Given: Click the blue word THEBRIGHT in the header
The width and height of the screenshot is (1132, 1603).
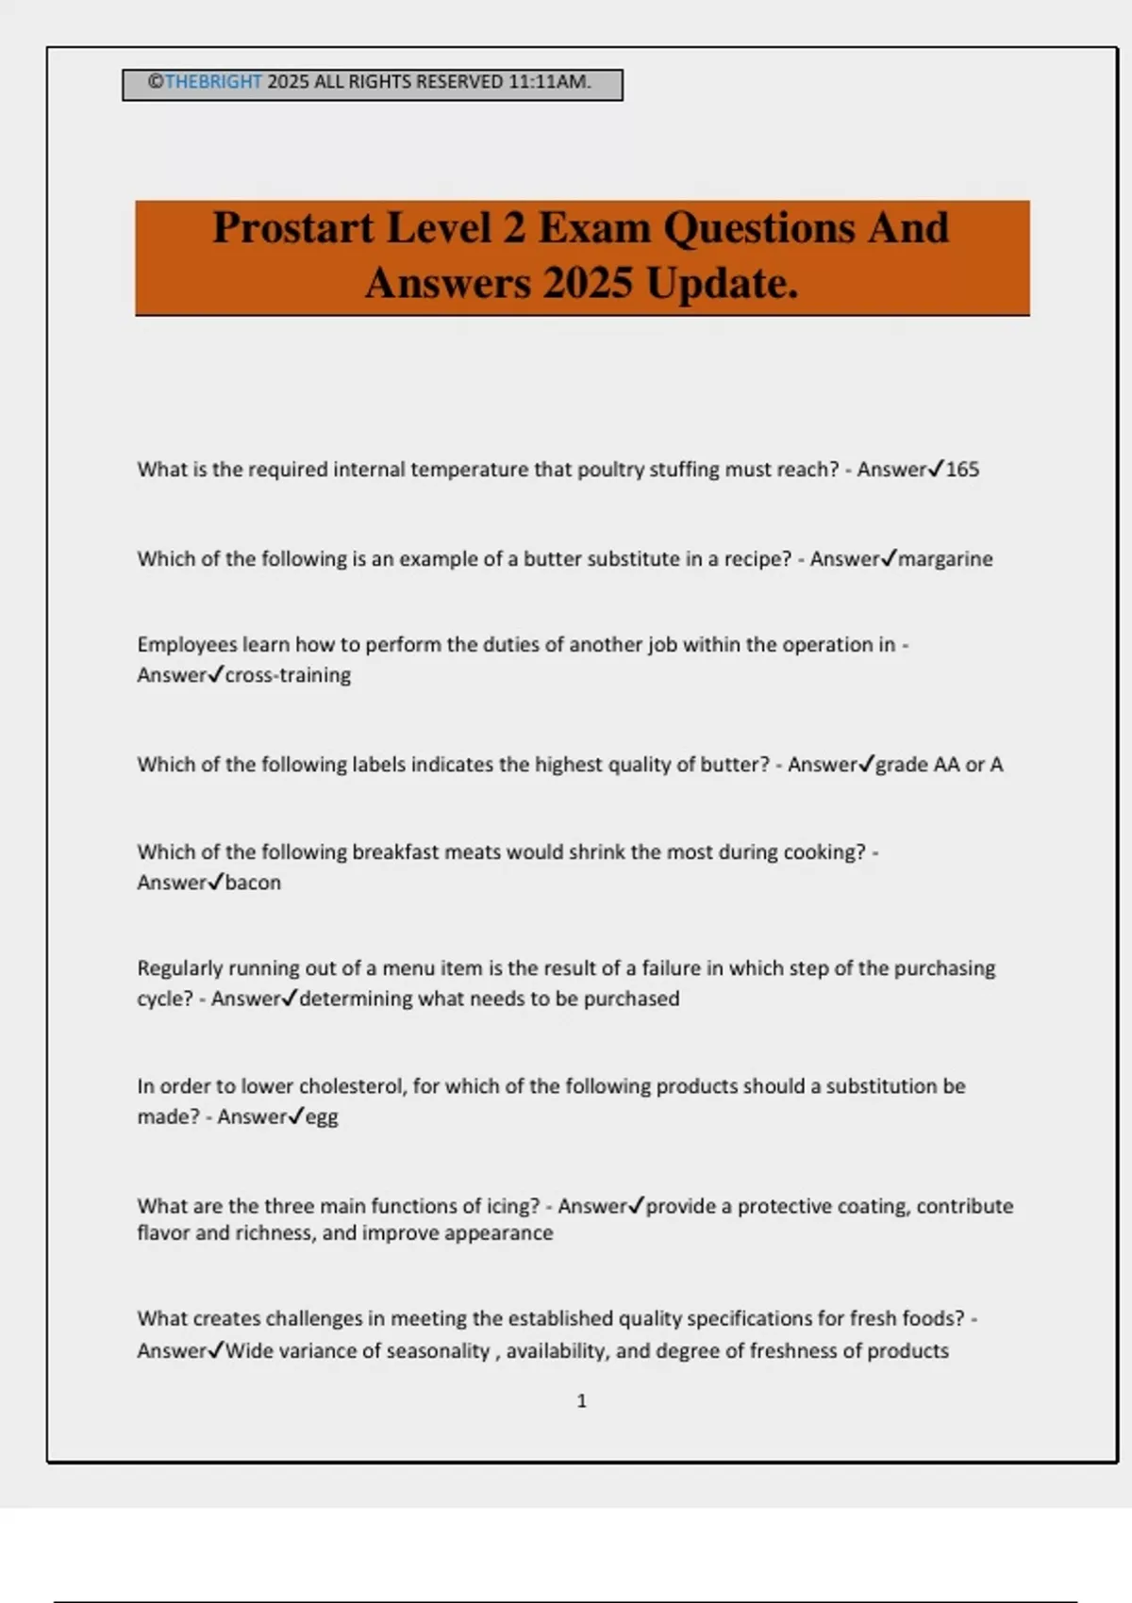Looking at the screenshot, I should [x=213, y=82].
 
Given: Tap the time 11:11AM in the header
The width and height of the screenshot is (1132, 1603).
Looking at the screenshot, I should [x=549, y=82].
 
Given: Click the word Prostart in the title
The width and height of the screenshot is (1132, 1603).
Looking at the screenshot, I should [x=292, y=228].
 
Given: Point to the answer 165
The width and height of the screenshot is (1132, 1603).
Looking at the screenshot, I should [x=962, y=470].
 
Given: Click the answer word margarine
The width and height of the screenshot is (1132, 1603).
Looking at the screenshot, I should [x=945, y=559].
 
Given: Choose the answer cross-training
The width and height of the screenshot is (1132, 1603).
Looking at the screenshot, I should [x=288, y=675].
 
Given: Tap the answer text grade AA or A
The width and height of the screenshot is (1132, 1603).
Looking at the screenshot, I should [x=940, y=765].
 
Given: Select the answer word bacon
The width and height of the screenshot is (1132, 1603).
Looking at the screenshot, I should [x=253, y=883].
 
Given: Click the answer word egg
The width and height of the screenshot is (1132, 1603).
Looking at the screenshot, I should [x=322, y=1117].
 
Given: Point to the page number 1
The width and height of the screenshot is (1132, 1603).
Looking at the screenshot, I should [x=581, y=1401].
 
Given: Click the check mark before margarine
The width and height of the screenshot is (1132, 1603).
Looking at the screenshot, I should [x=889, y=558].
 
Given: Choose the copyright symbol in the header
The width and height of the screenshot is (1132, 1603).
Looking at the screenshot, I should [x=156, y=82].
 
